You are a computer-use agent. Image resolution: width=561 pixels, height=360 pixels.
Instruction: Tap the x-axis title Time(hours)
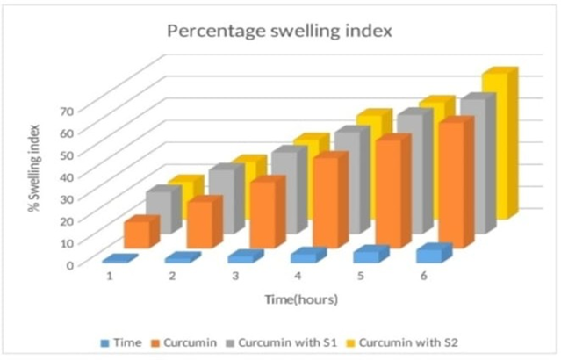click(302, 299)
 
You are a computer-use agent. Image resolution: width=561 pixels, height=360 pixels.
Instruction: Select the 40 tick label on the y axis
click(67, 176)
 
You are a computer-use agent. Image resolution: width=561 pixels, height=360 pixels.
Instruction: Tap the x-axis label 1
click(111, 276)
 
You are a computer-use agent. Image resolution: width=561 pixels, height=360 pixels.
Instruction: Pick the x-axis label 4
click(298, 276)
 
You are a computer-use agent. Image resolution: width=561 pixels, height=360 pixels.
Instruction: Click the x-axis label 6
click(423, 276)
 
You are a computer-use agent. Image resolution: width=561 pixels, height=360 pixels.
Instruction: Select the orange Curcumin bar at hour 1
click(137, 233)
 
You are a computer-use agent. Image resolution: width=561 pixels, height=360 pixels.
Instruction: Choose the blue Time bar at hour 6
click(431, 254)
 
